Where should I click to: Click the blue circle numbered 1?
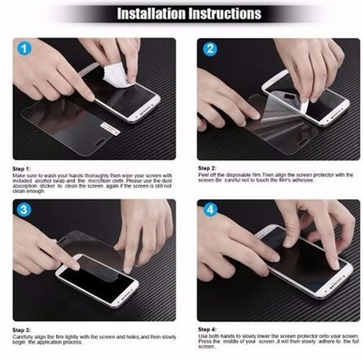pyautogui.click(x=24, y=49)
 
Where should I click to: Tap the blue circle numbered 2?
pyautogui.click(x=210, y=49)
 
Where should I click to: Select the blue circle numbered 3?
pyautogui.click(x=24, y=210)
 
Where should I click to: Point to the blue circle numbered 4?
pyautogui.click(x=210, y=210)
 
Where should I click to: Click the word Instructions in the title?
pyautogui.click(x=224, y=13)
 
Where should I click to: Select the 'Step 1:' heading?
pyautogui.click(x=22, y=169)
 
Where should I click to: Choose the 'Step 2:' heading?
pyautogui.click(x=207, y=168)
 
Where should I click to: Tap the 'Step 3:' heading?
pyautogui.click(x=22, y=330)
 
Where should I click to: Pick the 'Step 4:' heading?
pyautogui.click(x=207, y=330)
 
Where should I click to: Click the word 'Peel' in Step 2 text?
pyautogui.click(x=203, y=175)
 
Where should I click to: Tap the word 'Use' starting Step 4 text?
pyautogui.click(x=202, y=336)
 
